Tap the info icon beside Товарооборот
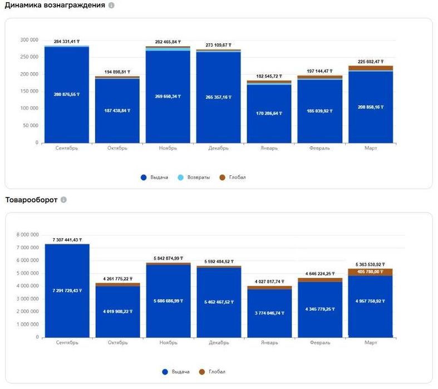point(63,200)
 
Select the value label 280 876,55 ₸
point(67,94)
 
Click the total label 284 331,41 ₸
point(67,42)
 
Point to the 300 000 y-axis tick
point(29,40)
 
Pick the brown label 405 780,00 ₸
point(370,272)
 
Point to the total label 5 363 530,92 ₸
point(370,264)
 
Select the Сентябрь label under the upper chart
point(67,149)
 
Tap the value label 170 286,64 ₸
point(269,113)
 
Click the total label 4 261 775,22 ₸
point(117,278)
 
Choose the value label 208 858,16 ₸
point(370,107)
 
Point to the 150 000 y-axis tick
point(29,91)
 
